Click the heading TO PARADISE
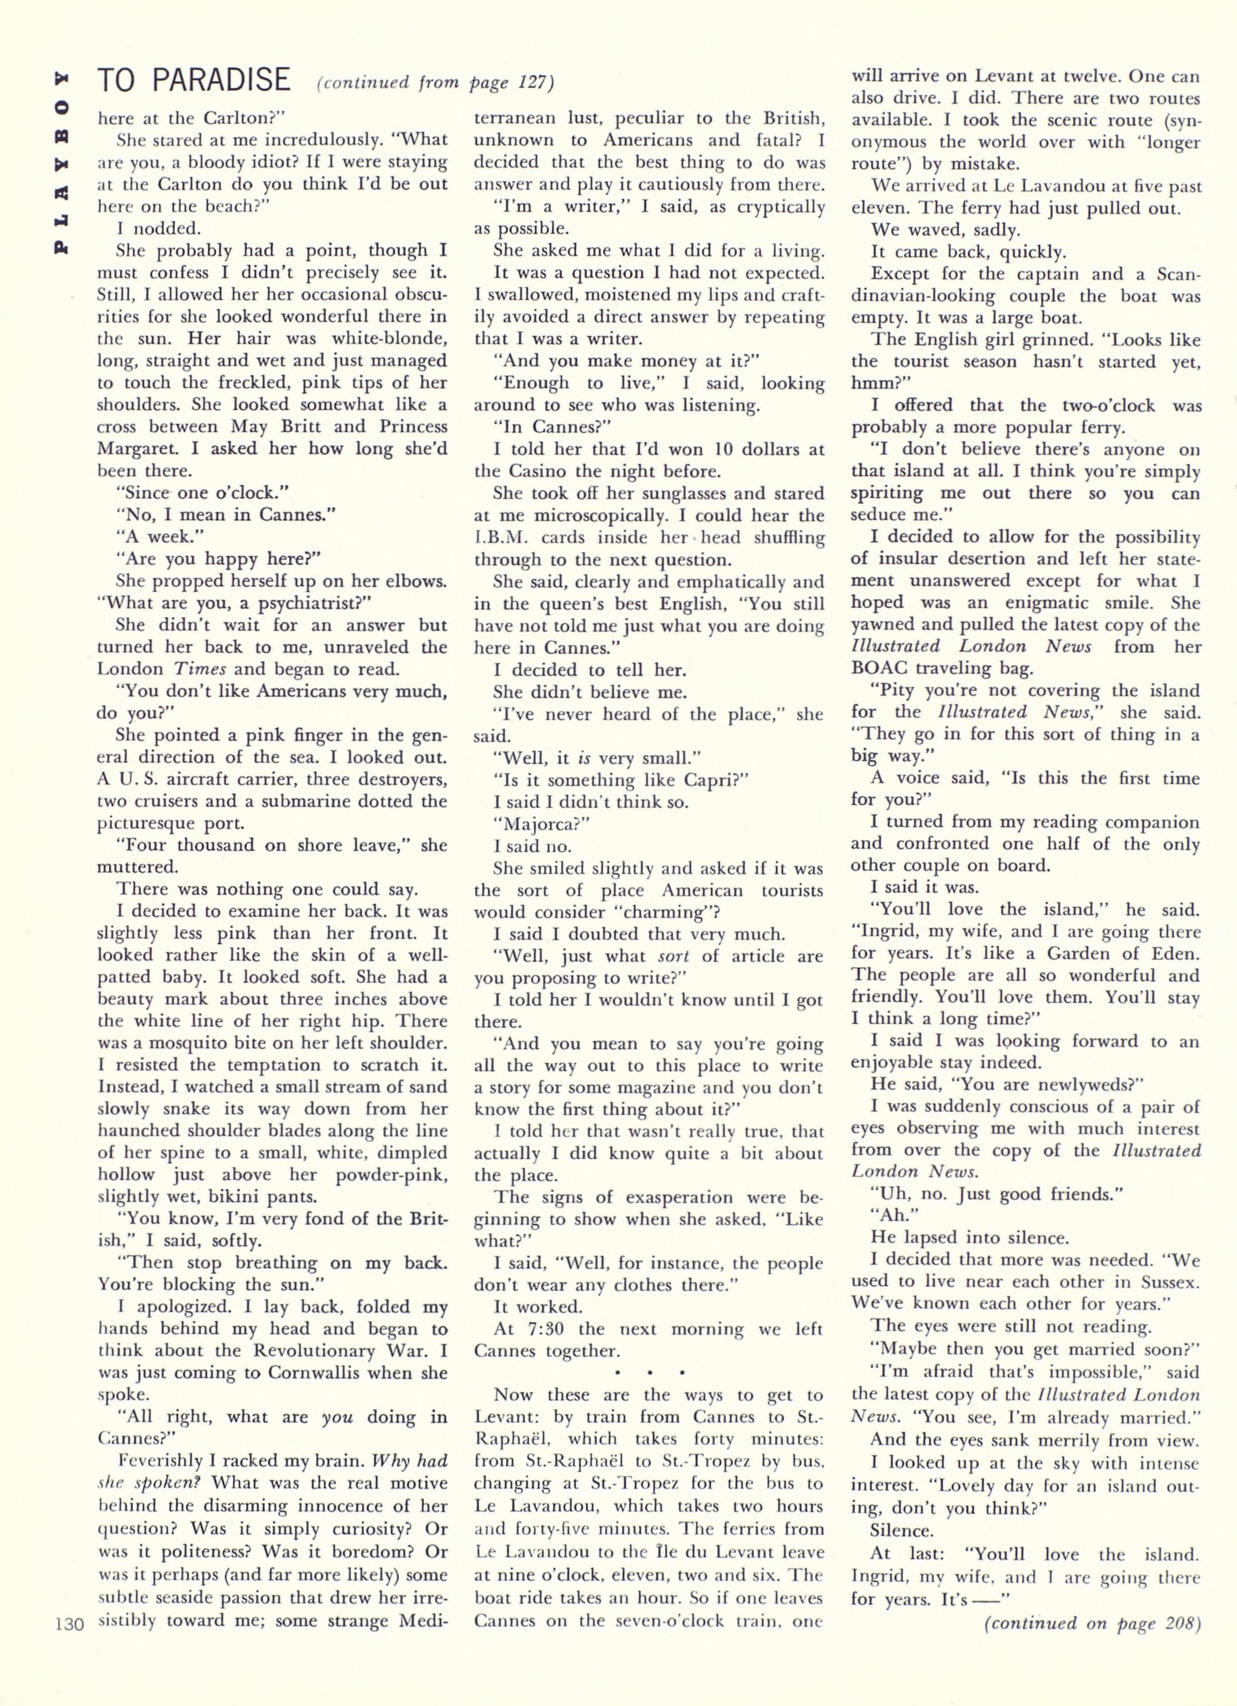193,80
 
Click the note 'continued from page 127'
435,82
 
